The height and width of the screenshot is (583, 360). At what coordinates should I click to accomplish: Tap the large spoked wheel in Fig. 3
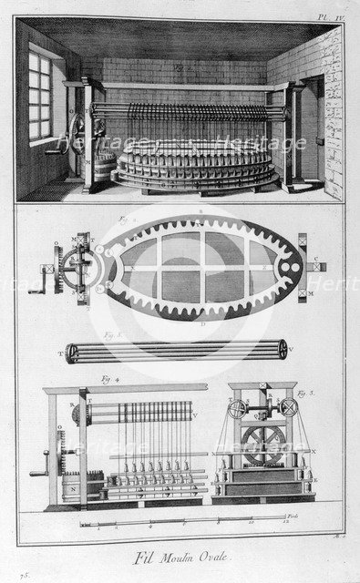click(259, 445)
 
